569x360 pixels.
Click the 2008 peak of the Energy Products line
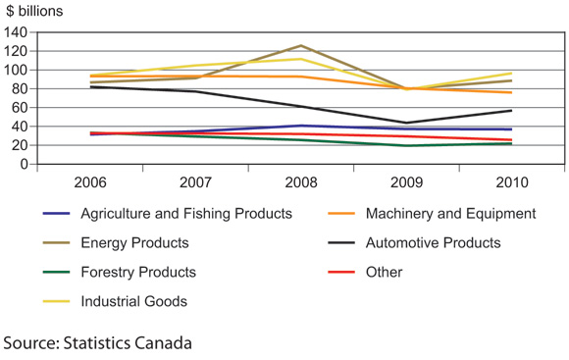tap(300, 45)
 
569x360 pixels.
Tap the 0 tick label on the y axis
tap(21, 165)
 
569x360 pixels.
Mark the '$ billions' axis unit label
tap(36, 11)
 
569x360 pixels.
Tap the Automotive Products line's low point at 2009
tap(406, 123)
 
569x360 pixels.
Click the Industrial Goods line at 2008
tap(300, 59)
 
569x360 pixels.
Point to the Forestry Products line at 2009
tap(406, 146)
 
